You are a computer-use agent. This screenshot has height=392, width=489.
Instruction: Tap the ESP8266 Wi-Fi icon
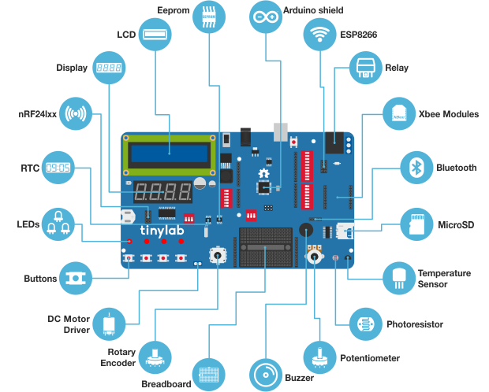[x=319, y=35]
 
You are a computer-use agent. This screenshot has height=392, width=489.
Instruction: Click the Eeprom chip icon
[x=208, y=16]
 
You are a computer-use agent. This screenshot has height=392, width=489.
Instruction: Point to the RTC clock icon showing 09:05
[x=57, y=168]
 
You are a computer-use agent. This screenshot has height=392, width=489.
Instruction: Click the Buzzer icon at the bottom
[x=264, y=374]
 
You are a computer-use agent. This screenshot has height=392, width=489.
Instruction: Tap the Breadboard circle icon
[x=208, y=374]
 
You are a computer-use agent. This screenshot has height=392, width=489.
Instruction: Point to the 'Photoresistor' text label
[x=415, y=324]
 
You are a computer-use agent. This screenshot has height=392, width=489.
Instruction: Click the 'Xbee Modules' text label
[x=448, y=114]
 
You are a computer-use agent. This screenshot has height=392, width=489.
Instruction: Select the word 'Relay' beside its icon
[x=397, y=68]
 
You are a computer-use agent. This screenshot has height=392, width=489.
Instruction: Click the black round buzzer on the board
[x=305, y=229]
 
